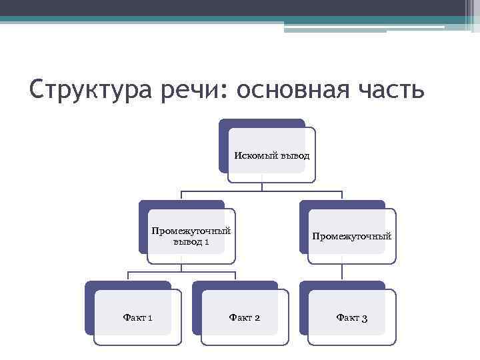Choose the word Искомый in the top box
(253, 155)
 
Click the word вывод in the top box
(294, 155)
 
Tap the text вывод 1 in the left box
(191, 241)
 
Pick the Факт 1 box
(138, 317)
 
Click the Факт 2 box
(245, 317)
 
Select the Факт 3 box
(352, 317)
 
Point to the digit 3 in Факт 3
(364, 318)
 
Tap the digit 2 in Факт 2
(257, 318)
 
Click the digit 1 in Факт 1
(150, 318)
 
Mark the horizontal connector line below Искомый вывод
(262, 191)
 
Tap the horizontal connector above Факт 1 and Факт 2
(181, 272)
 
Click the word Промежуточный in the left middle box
(191, 231)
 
